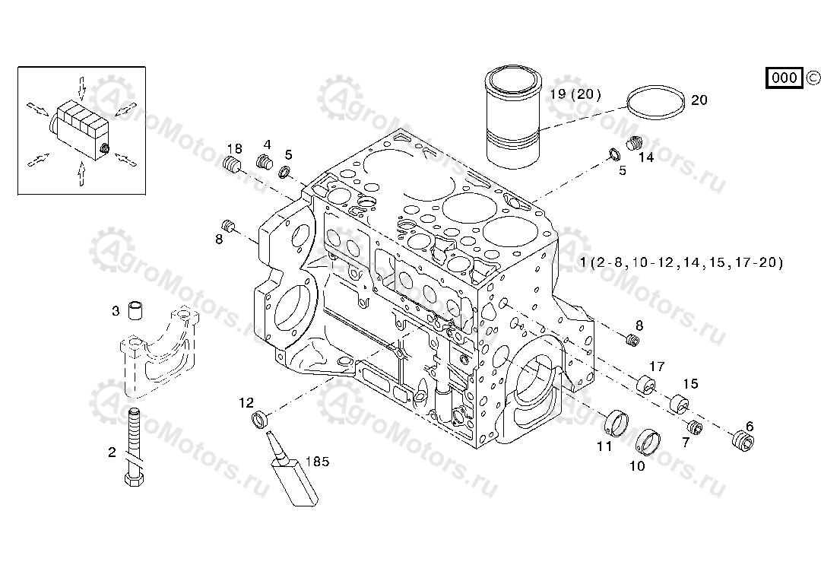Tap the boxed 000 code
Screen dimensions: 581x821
pyautogui.click(x=784, y=78)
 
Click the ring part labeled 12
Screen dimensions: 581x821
pyautogui.click(x=260, y=419)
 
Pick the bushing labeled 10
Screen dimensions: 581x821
pyautogui.click(x=647, y=439)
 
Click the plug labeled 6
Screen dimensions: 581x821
pyautogui.click(x=741, y=441)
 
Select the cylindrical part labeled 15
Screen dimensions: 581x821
pyautogui.click(x=677, y=402)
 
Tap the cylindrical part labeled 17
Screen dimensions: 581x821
pyautogui.click(x=647, y=386)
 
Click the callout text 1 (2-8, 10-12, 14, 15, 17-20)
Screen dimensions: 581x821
pyautogui.click(x=681, y=263)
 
